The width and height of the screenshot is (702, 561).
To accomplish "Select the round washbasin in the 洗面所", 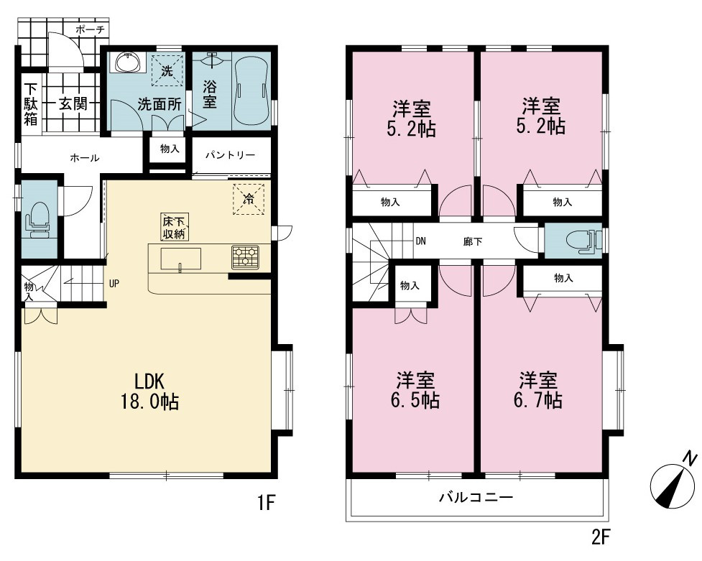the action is point(129,62).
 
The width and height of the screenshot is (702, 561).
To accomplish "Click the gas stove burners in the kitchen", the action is point(245,257).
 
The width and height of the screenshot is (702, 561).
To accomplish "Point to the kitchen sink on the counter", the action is point(181,259).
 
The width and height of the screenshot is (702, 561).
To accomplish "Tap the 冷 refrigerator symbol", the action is point(248,199).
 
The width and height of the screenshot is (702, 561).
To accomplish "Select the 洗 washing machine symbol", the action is point(167,70).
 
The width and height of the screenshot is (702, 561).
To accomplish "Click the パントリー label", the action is point(230,155).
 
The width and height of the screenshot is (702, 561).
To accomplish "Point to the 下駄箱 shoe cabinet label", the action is point(30,104).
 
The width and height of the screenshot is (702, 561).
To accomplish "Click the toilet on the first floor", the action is point(39,219).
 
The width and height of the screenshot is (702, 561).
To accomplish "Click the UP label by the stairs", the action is point(114,284).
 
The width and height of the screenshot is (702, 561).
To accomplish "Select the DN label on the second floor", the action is point(420,241).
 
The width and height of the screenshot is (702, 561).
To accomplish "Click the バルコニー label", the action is point(476,497).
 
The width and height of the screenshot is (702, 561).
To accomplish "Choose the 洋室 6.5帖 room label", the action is point(415,390).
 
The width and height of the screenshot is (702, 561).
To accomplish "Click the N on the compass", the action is point(690,459).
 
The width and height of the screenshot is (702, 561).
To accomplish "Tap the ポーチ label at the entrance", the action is point(90,29).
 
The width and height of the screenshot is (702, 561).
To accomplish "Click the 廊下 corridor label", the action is point(473,242).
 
